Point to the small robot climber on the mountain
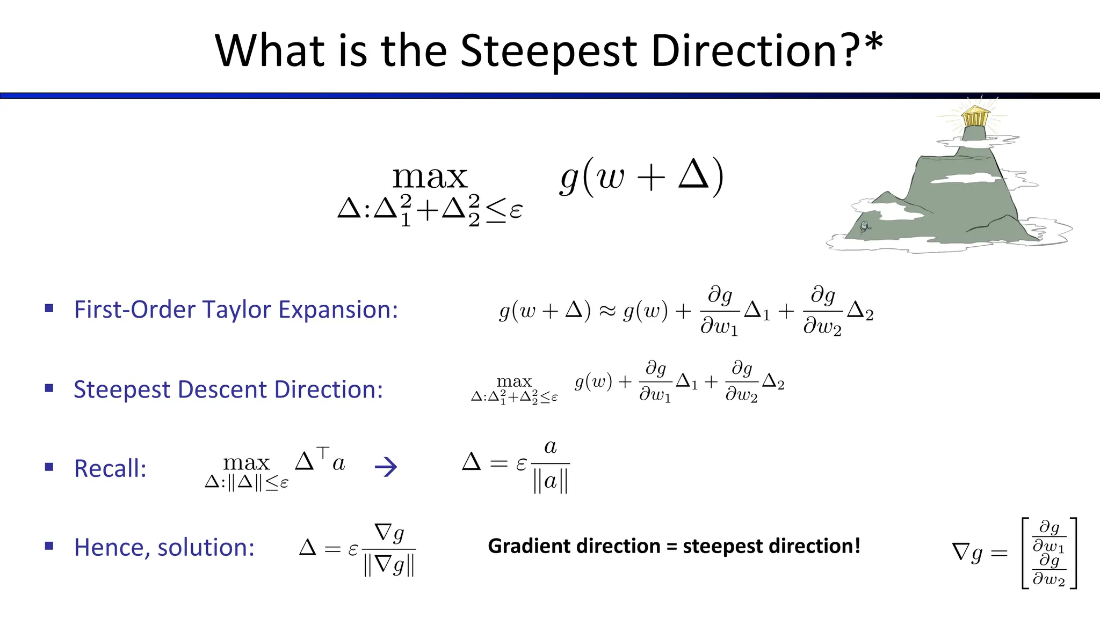(x=864, y=227)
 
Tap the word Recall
(x=110, y=468)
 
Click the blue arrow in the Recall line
(x=386, y=467)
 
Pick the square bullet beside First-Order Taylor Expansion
(x=49, y=308)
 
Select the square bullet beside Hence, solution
(x=49, y=546)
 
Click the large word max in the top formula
(x=430, y=177)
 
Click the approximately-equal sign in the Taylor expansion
(x=607, y=311)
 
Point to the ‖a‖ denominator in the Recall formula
(x=550, y=481)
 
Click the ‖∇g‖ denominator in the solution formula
(x=389, y=565)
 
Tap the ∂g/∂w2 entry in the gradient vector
(x=1049, y=570)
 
